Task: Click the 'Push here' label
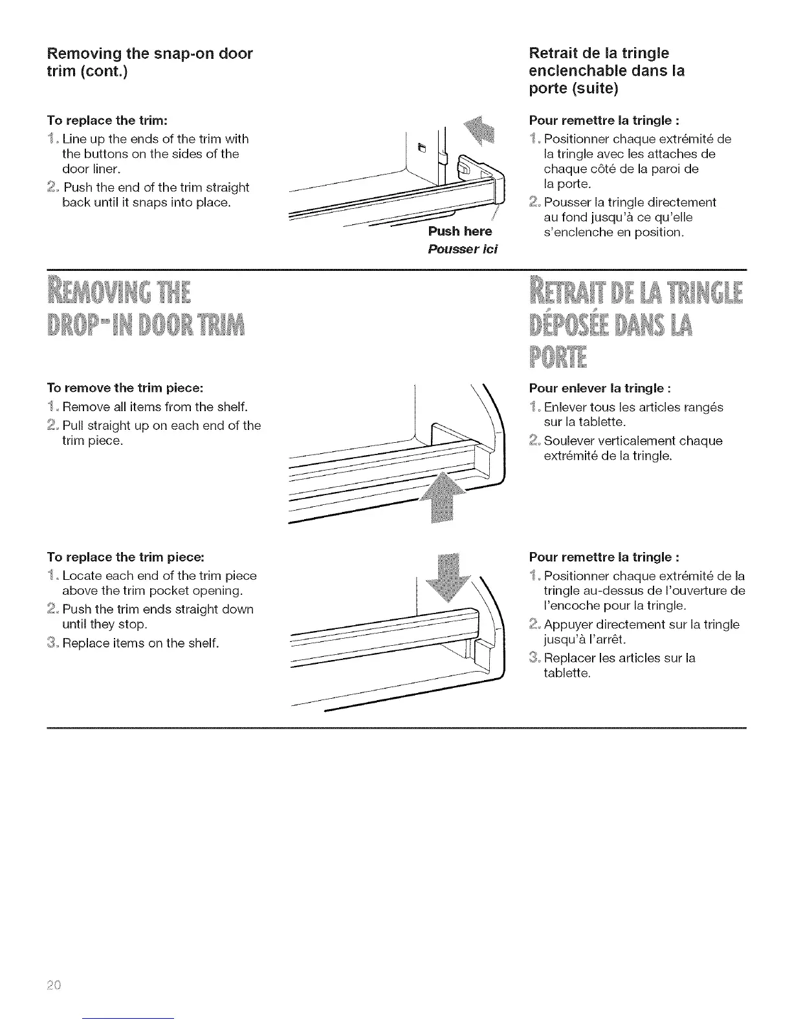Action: click(x=459, y=231)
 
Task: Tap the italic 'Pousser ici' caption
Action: click(x=463, y=249)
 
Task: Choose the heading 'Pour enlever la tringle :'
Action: click(x=600, y=389)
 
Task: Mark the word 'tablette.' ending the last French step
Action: click(x=567, y=673)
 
